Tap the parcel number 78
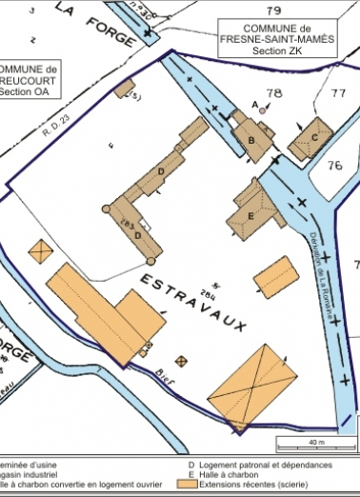(275, 92)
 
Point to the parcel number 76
(333, 166)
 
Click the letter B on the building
(250, 141)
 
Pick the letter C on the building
(315, 135)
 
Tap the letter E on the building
(252, 215)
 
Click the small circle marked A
(263, 110)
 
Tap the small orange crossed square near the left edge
(41, 251)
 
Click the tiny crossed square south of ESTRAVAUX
(182, 361)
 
